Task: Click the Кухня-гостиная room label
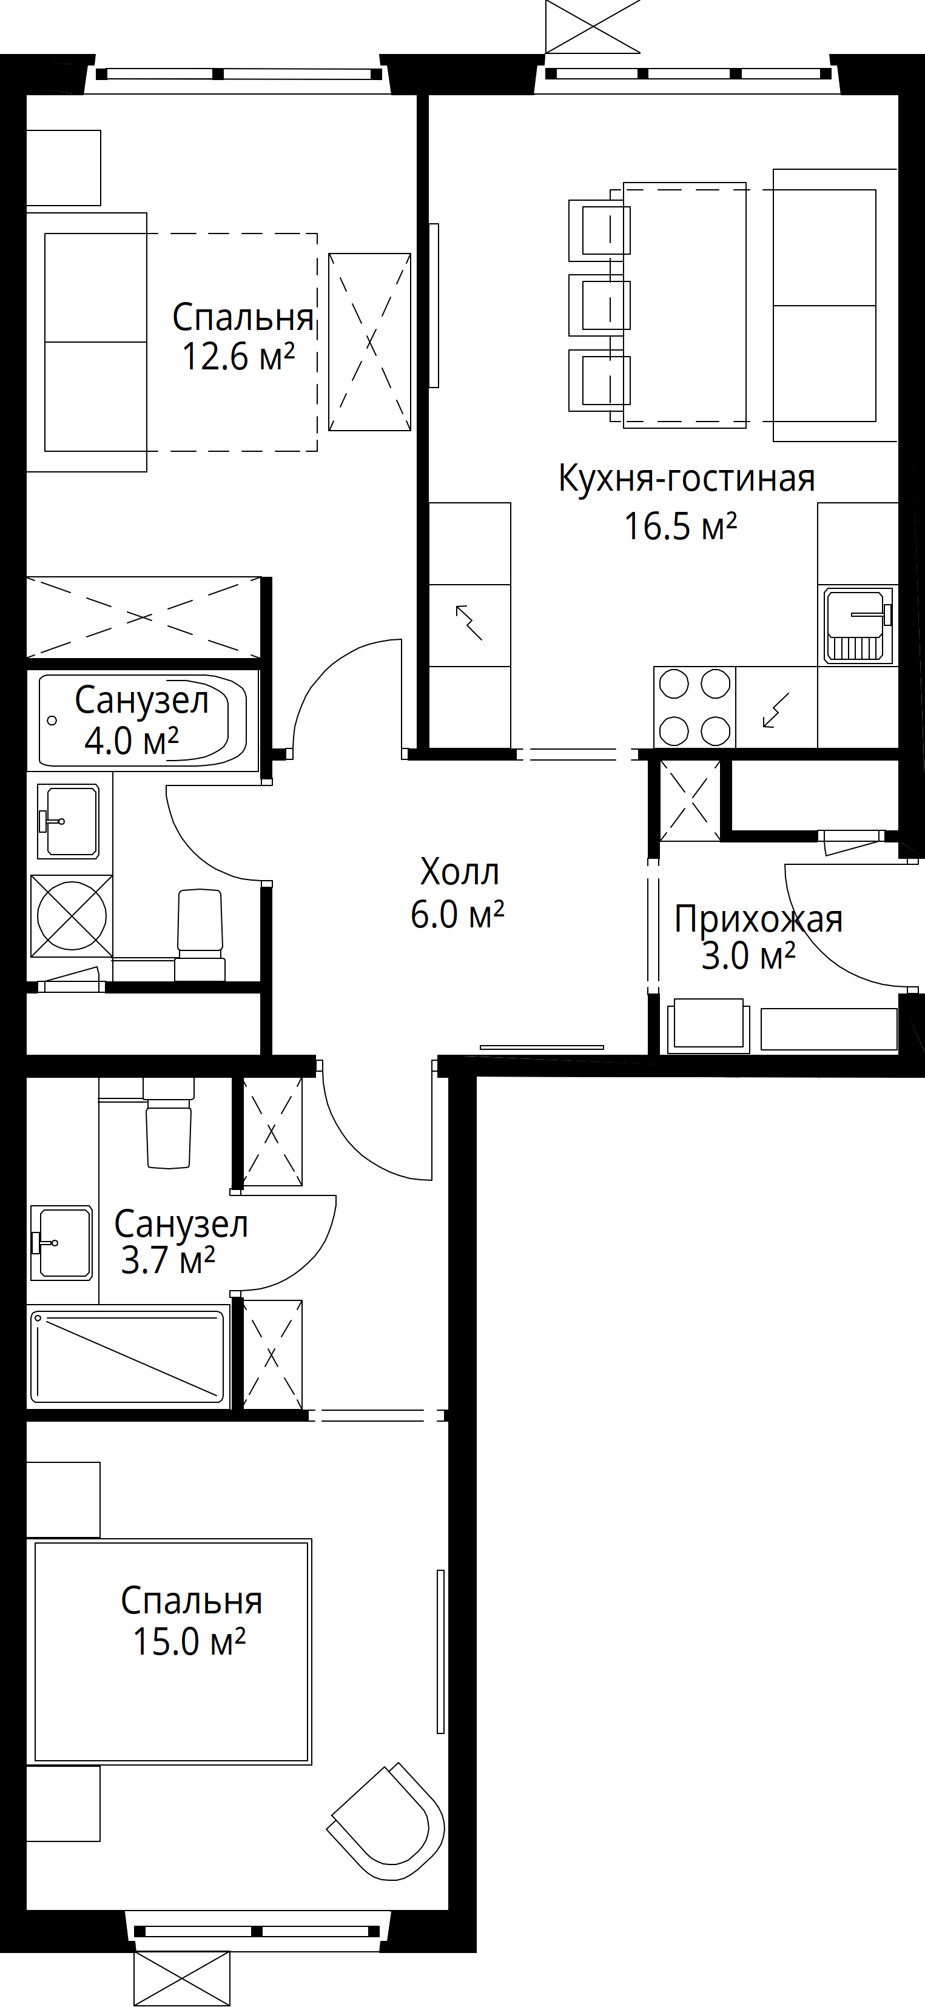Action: click(x=687, y=479)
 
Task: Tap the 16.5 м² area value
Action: click(x=681, y=526)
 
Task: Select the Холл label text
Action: click(x=460, y=872)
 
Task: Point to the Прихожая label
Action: click(x=758, y=919)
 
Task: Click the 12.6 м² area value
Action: click(x=238, y=357)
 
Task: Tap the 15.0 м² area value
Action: click(x=189, y=1642)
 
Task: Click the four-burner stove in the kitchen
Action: click(x=695, y=707)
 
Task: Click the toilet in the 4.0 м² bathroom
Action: click(x=200, y=935)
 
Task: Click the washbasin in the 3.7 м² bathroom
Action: click(x=61, y=1243)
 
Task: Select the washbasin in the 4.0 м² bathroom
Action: click(x=69, y=821)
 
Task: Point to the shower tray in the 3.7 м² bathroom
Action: click(x=129, y=1357)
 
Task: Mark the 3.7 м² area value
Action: click(x=167, y=1260)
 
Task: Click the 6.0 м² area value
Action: click(x=457, y=915)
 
